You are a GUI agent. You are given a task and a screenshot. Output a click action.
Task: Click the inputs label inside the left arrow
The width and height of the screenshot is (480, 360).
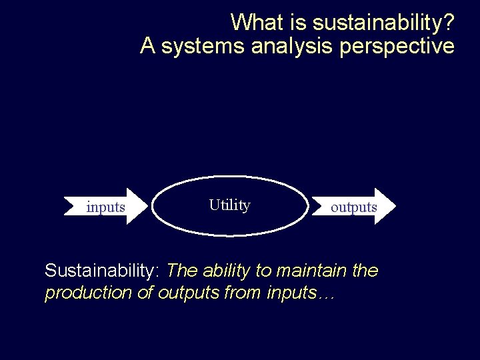pos(105,207)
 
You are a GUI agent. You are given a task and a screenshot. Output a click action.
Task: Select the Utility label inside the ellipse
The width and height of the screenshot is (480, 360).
pos(229,205)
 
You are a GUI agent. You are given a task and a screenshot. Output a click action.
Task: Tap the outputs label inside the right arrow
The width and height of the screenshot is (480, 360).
pos(353,207)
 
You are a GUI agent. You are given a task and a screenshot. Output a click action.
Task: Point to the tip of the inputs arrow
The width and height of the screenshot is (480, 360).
pos(147,206)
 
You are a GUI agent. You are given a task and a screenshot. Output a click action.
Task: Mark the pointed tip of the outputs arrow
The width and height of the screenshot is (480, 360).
pos(395,206)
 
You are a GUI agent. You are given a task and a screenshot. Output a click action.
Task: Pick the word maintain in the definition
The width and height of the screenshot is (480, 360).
pos(311,271)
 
